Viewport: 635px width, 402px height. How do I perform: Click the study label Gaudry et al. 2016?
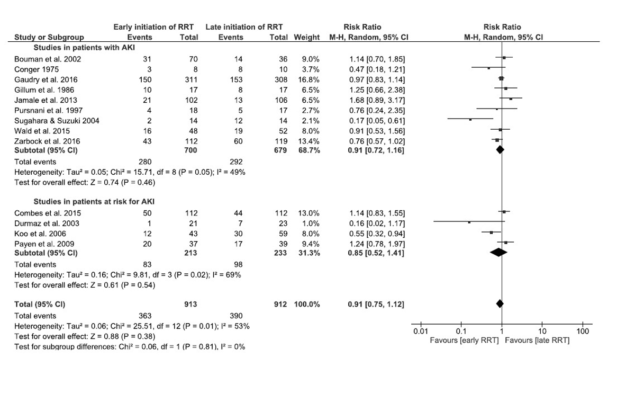pyautogui.click(x=40, y=79)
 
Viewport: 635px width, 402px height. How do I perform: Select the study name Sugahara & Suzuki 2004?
pyautogui.click(x=49, y=120)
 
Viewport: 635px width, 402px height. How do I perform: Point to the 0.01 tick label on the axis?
pyautogui.click(x=420, y=332)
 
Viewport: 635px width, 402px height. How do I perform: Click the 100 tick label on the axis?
pyautogui.click(x=582, y=332)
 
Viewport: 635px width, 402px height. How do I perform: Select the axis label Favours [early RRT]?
pyautogui.click(x=464, y=340)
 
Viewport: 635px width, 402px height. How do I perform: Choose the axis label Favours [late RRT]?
pyautogui.click(x=537, y=340)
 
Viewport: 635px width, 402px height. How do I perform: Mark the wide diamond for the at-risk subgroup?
pyautogui.click(x=497, y=253)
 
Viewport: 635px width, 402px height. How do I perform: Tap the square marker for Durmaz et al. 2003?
pyautogui.click(x=469, y=222)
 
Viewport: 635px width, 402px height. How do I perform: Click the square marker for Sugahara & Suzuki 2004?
pyautogui.click(x=470, y=120)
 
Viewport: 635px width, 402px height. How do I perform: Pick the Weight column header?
pyautogui.click(x=307, y=37)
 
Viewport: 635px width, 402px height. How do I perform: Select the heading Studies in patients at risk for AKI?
pyautogui.click(x=94, y=201)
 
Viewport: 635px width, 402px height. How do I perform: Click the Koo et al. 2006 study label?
pyautogui.click(x=36, y=233)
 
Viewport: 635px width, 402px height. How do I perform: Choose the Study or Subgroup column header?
pyautogui.click(x=49, y=37)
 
